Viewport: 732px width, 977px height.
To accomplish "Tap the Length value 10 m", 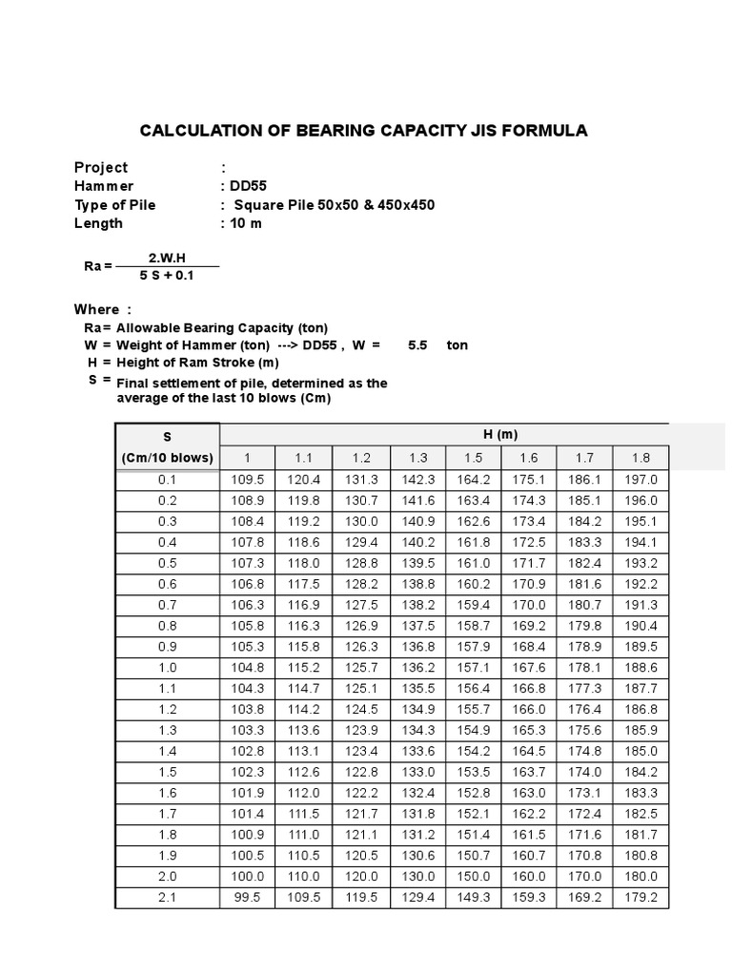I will coord(244,223).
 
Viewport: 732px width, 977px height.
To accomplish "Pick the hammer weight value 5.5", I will coord(417,344).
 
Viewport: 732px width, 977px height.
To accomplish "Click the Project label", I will coord(101,167).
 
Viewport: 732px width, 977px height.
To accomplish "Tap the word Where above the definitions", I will coord(97,309).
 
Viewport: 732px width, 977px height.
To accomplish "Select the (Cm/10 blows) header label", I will coord(168,458).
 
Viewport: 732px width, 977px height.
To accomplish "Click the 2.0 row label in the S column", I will coord(168,876).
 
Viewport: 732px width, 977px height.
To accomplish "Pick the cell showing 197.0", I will coord(640,480).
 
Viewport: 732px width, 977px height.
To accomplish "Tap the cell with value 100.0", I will coord(247,876).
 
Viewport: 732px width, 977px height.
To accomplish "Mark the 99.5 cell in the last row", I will coord(247,897).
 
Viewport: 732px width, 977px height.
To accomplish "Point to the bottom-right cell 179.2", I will coord(640,897).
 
